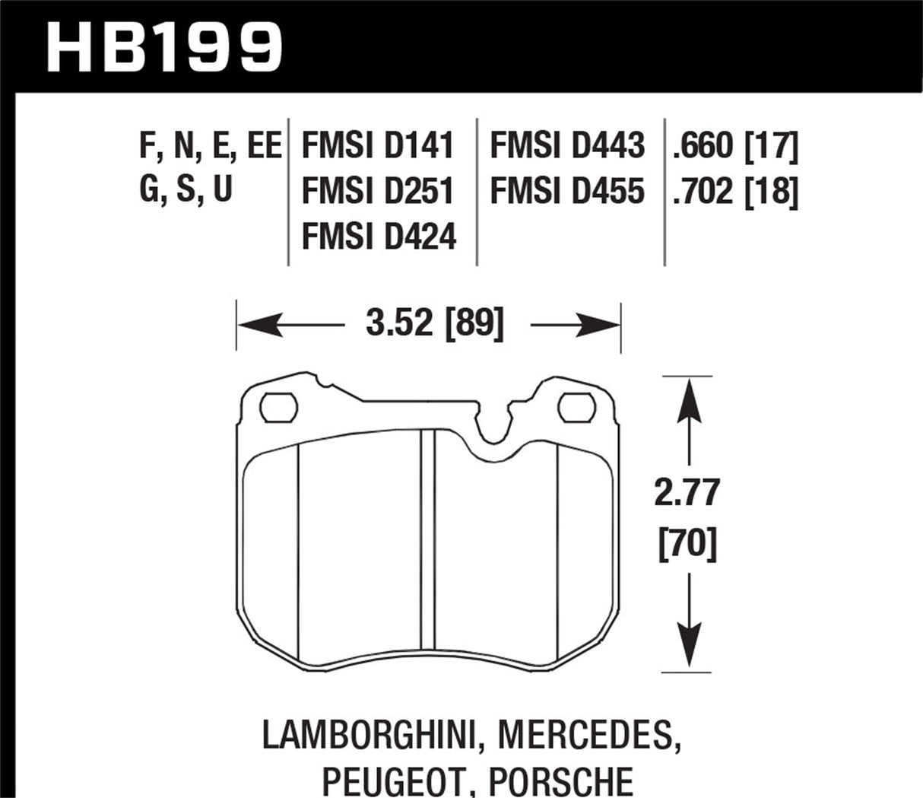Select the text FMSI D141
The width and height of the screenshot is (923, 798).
(378, 145)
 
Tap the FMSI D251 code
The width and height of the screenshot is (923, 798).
(378, 191)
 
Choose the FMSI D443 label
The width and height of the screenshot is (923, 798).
(567, 145)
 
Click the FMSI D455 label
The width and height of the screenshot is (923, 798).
(567, 191)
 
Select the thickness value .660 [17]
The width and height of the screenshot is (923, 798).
(734, 145)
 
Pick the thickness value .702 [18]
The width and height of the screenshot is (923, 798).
(734, 191)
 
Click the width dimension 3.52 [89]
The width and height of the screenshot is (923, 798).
(434, 326)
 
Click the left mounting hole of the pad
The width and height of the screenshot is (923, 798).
(277, 407)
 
